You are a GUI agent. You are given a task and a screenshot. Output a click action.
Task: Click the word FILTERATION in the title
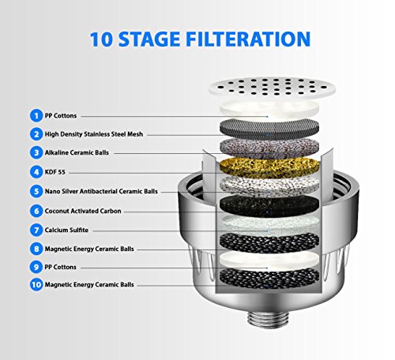248,39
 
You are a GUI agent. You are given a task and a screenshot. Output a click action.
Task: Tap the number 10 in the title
101,39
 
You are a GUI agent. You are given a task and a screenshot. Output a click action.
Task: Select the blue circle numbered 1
36,115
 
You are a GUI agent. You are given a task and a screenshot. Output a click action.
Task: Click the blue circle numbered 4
36,172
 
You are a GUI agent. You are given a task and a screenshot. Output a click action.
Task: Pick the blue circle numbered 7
36,230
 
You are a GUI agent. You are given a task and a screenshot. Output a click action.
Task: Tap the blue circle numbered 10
36,284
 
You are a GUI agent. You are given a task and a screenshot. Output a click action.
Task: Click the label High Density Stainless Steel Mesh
94,134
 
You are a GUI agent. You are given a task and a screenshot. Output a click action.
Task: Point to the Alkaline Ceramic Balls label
77,152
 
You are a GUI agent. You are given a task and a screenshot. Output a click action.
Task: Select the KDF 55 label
55,172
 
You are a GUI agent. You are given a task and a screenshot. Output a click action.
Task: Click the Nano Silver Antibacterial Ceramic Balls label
101,191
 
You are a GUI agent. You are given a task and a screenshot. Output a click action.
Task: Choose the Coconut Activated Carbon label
83,211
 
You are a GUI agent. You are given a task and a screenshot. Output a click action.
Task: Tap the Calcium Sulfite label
66,230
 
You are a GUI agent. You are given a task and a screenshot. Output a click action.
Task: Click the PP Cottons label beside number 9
60,267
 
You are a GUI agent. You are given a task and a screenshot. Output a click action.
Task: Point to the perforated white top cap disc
273,86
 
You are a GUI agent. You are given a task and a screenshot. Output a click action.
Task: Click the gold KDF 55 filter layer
269,168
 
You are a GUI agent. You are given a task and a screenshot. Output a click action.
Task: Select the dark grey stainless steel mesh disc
269,129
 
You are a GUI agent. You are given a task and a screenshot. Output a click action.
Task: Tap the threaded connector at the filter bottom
268,319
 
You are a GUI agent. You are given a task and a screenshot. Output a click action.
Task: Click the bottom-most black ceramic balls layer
269,278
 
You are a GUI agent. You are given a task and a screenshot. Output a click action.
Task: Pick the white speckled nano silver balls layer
269,186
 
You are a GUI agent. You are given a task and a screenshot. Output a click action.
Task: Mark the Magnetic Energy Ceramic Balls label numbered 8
89,249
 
